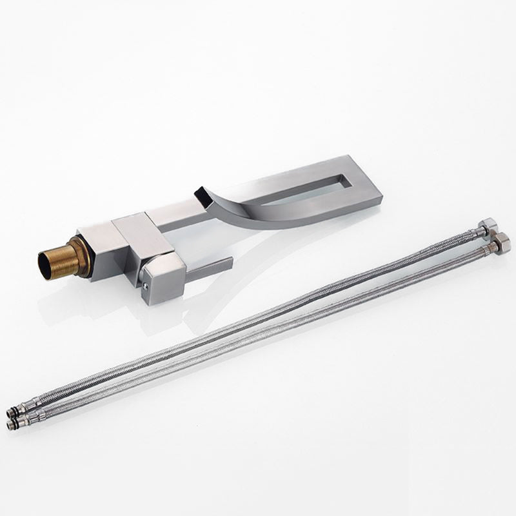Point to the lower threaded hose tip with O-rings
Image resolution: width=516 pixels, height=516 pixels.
14,424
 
